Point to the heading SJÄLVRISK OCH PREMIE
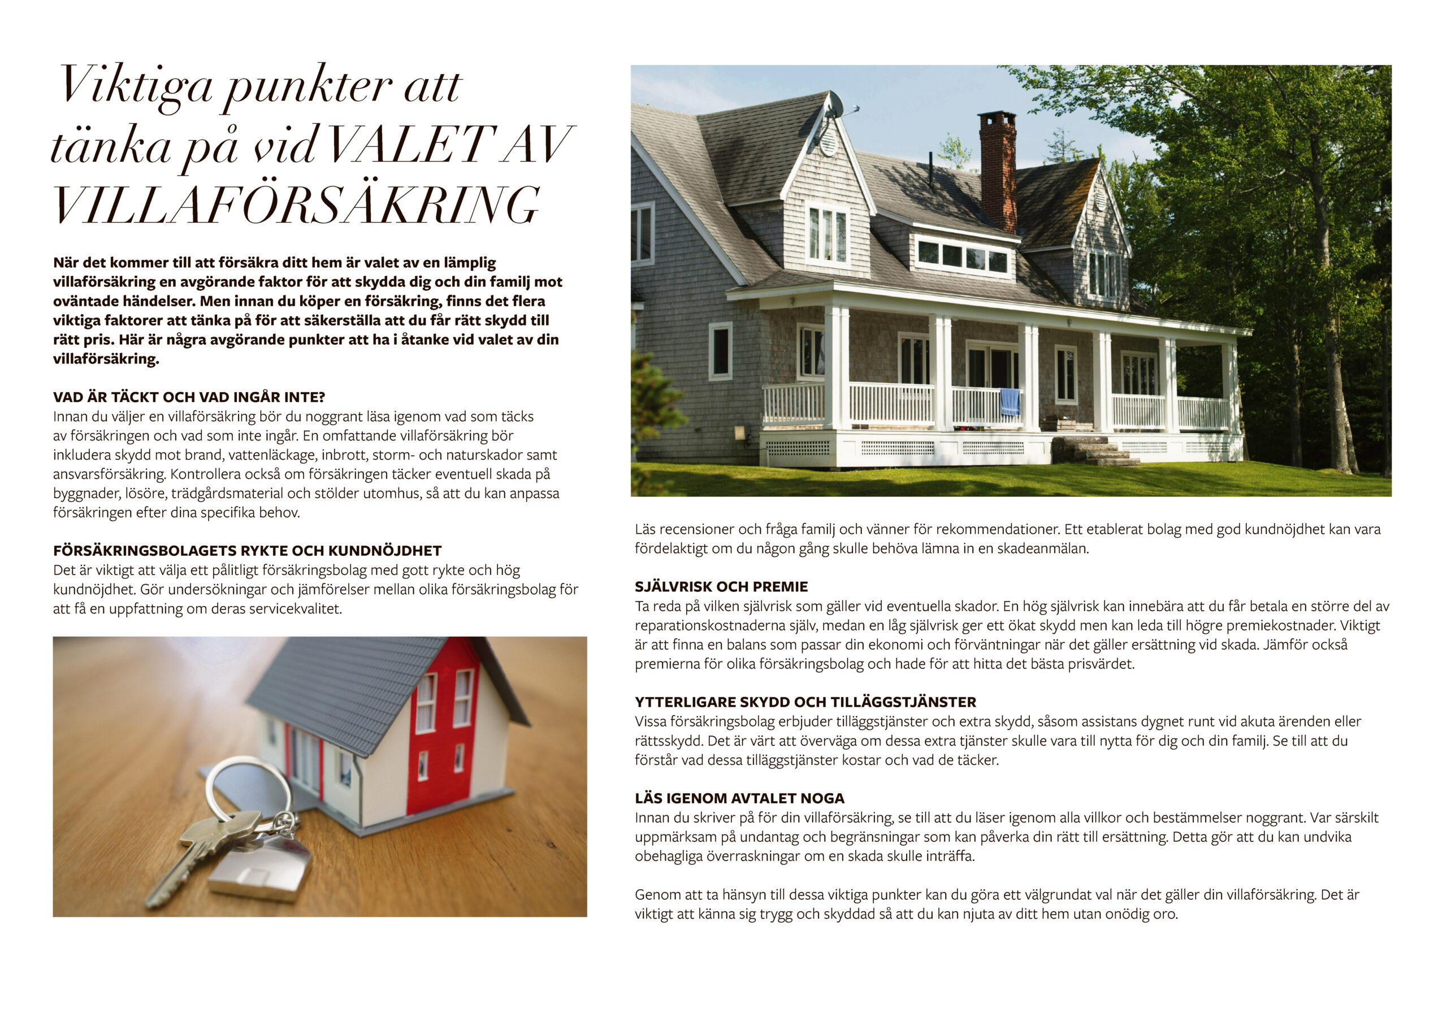(721, 587)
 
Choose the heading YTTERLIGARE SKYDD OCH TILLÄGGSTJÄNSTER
(805, 702)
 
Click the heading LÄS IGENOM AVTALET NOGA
(739, 799)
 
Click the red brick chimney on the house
(998, 170)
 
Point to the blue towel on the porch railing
(1010, 402)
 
